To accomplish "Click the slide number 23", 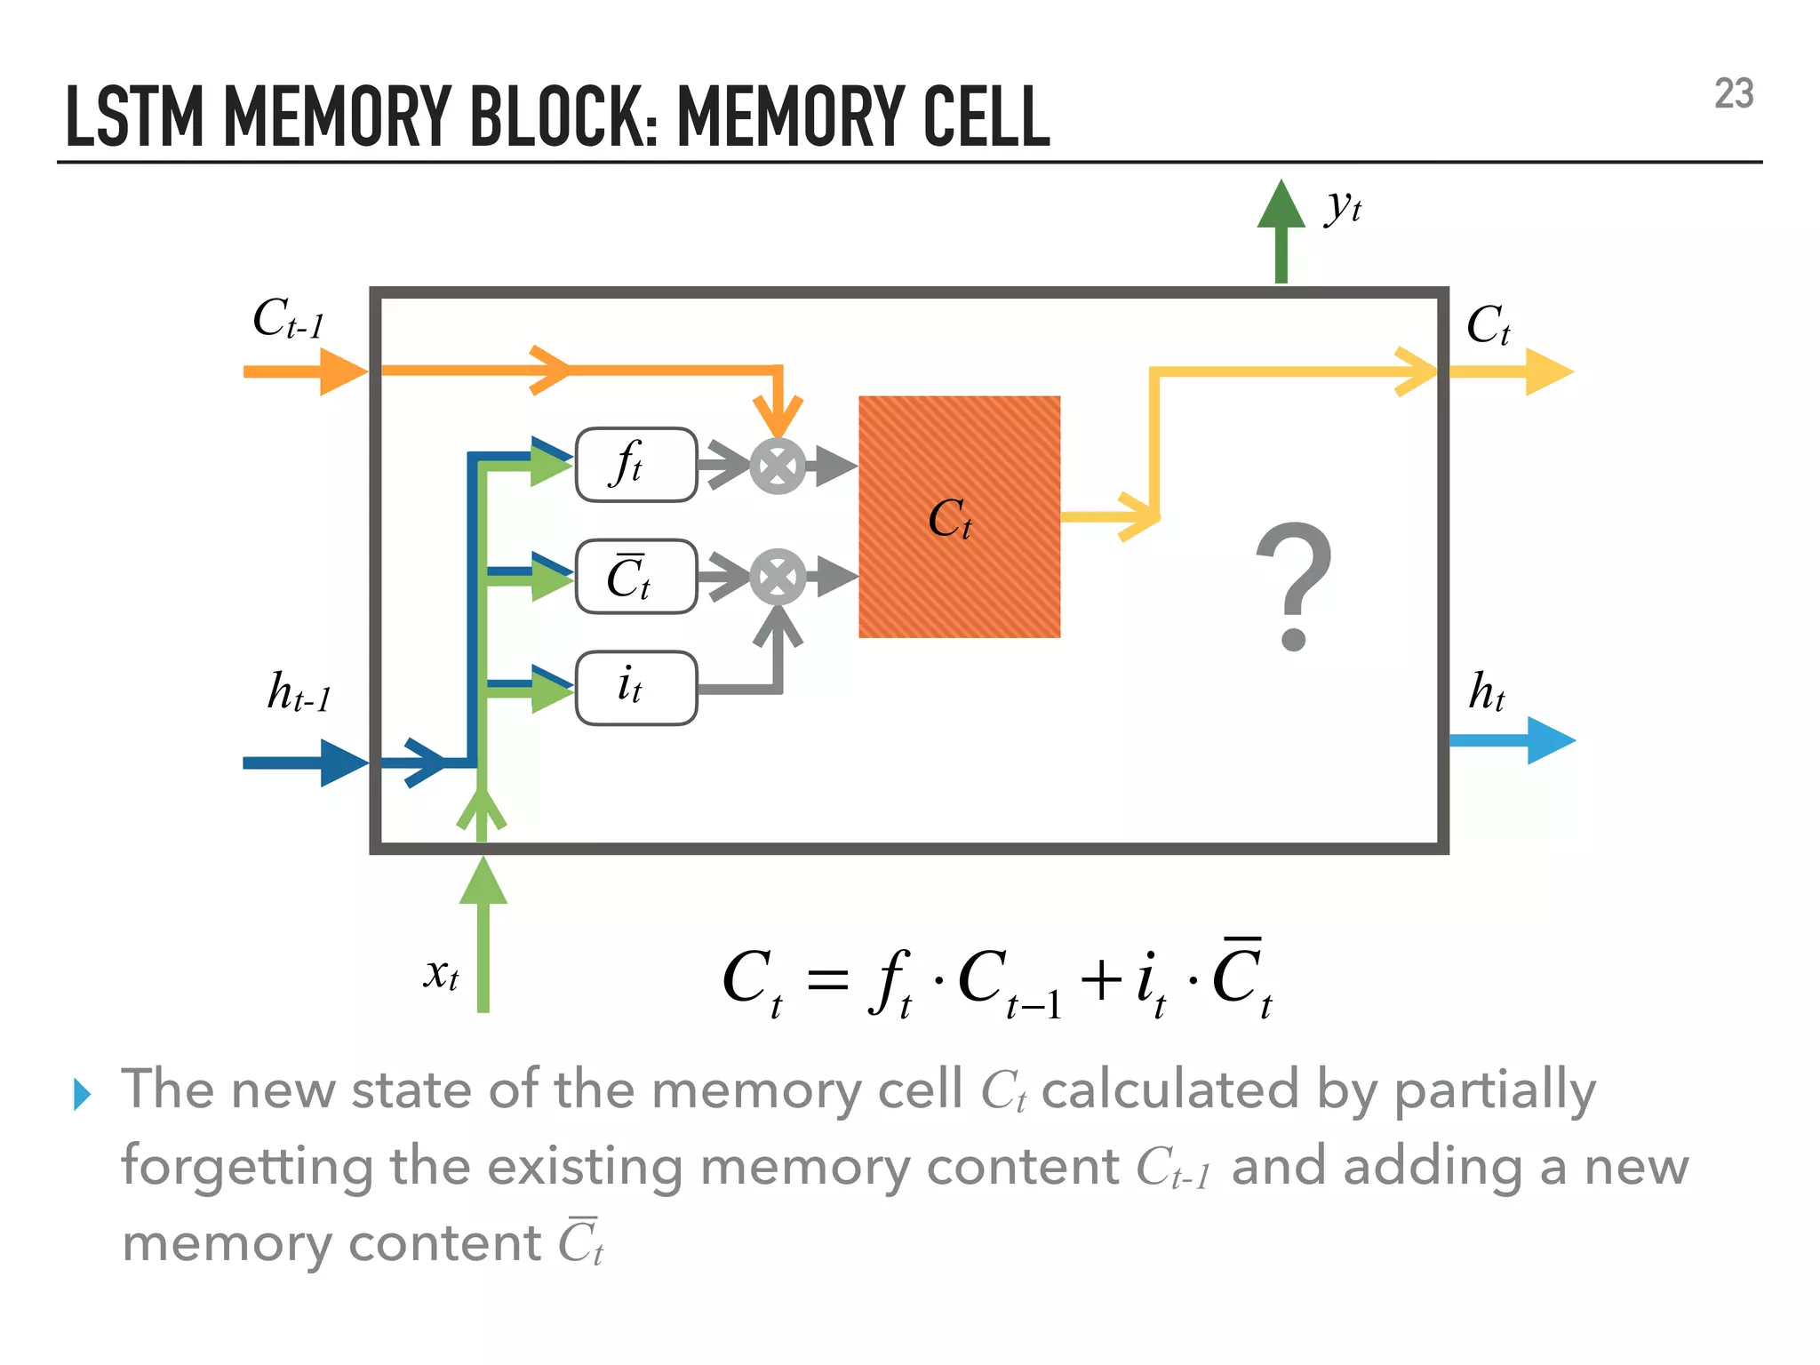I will [1733, 94].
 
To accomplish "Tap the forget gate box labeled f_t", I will [635, 465].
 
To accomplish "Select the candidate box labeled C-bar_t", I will [635, 577].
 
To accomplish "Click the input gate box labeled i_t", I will [635, 688].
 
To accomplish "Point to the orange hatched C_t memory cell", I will [959, 517].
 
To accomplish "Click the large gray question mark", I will [1293, 587].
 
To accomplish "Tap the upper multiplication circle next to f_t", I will [778, 466].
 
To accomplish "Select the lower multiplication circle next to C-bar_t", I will [778, 578].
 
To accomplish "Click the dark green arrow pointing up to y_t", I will [1281, 231].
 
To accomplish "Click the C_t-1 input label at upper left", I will [288, 319].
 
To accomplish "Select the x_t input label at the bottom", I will [441, 975].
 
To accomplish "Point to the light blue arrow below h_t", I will [1511, 740].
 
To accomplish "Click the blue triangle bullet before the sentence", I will [83, 1094].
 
